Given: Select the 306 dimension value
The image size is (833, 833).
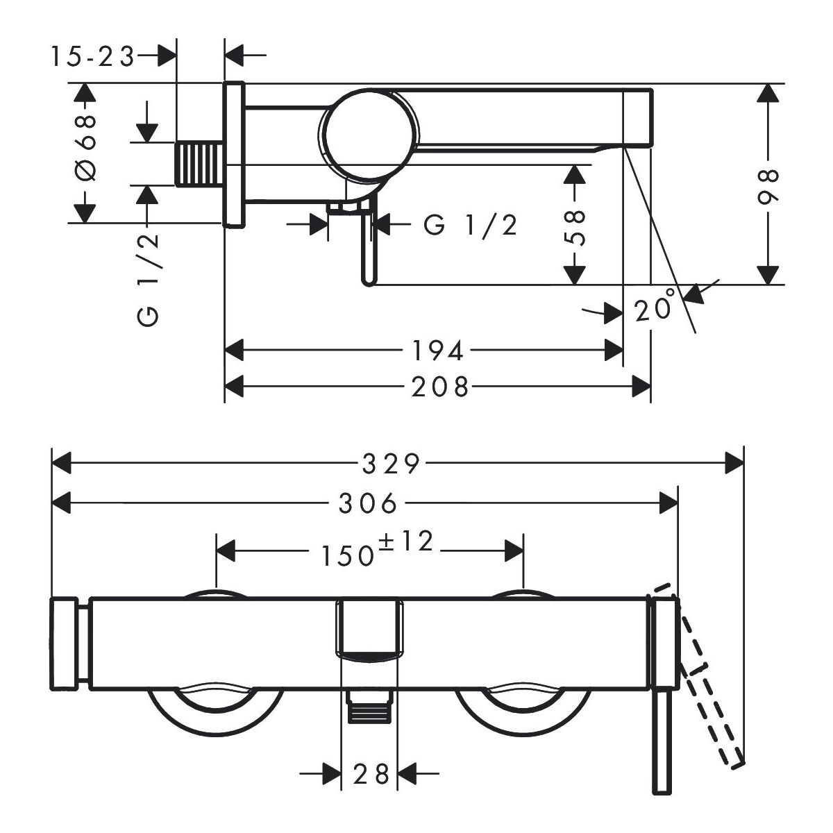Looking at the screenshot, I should [x=368, y=503].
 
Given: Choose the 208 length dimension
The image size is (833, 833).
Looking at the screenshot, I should [x=440, y=387].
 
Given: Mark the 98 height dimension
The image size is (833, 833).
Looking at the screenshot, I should [x=768, y=186].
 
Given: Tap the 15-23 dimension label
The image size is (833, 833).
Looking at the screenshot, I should [x=92, y=58].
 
